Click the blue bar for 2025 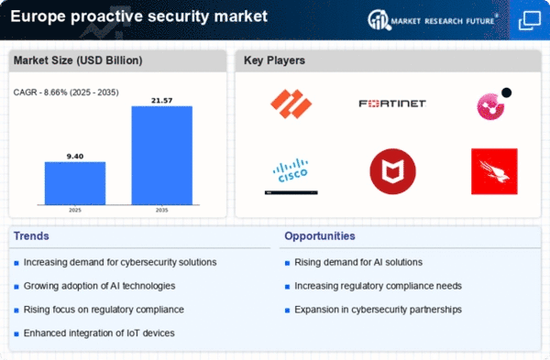tap(75, 183)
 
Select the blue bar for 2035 tap(161, 156)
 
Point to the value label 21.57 tap(161, 101)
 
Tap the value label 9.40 tap(75, 157)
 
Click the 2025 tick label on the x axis tap(75, 210)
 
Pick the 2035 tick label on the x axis tap(161, 210)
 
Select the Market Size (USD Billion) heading tap(78, 60)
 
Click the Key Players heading tap(274, 60)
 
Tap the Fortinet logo tap(392, 104)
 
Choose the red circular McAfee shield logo tap(392, 171)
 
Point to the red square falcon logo tap(494, 171)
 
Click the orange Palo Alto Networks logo tap(291, 104)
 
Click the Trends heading tap(31, 236)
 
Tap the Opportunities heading tap(320, 236)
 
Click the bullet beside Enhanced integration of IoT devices tap(16, 334)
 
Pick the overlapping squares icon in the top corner tap(530, 20)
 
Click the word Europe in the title tap(38, 16)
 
